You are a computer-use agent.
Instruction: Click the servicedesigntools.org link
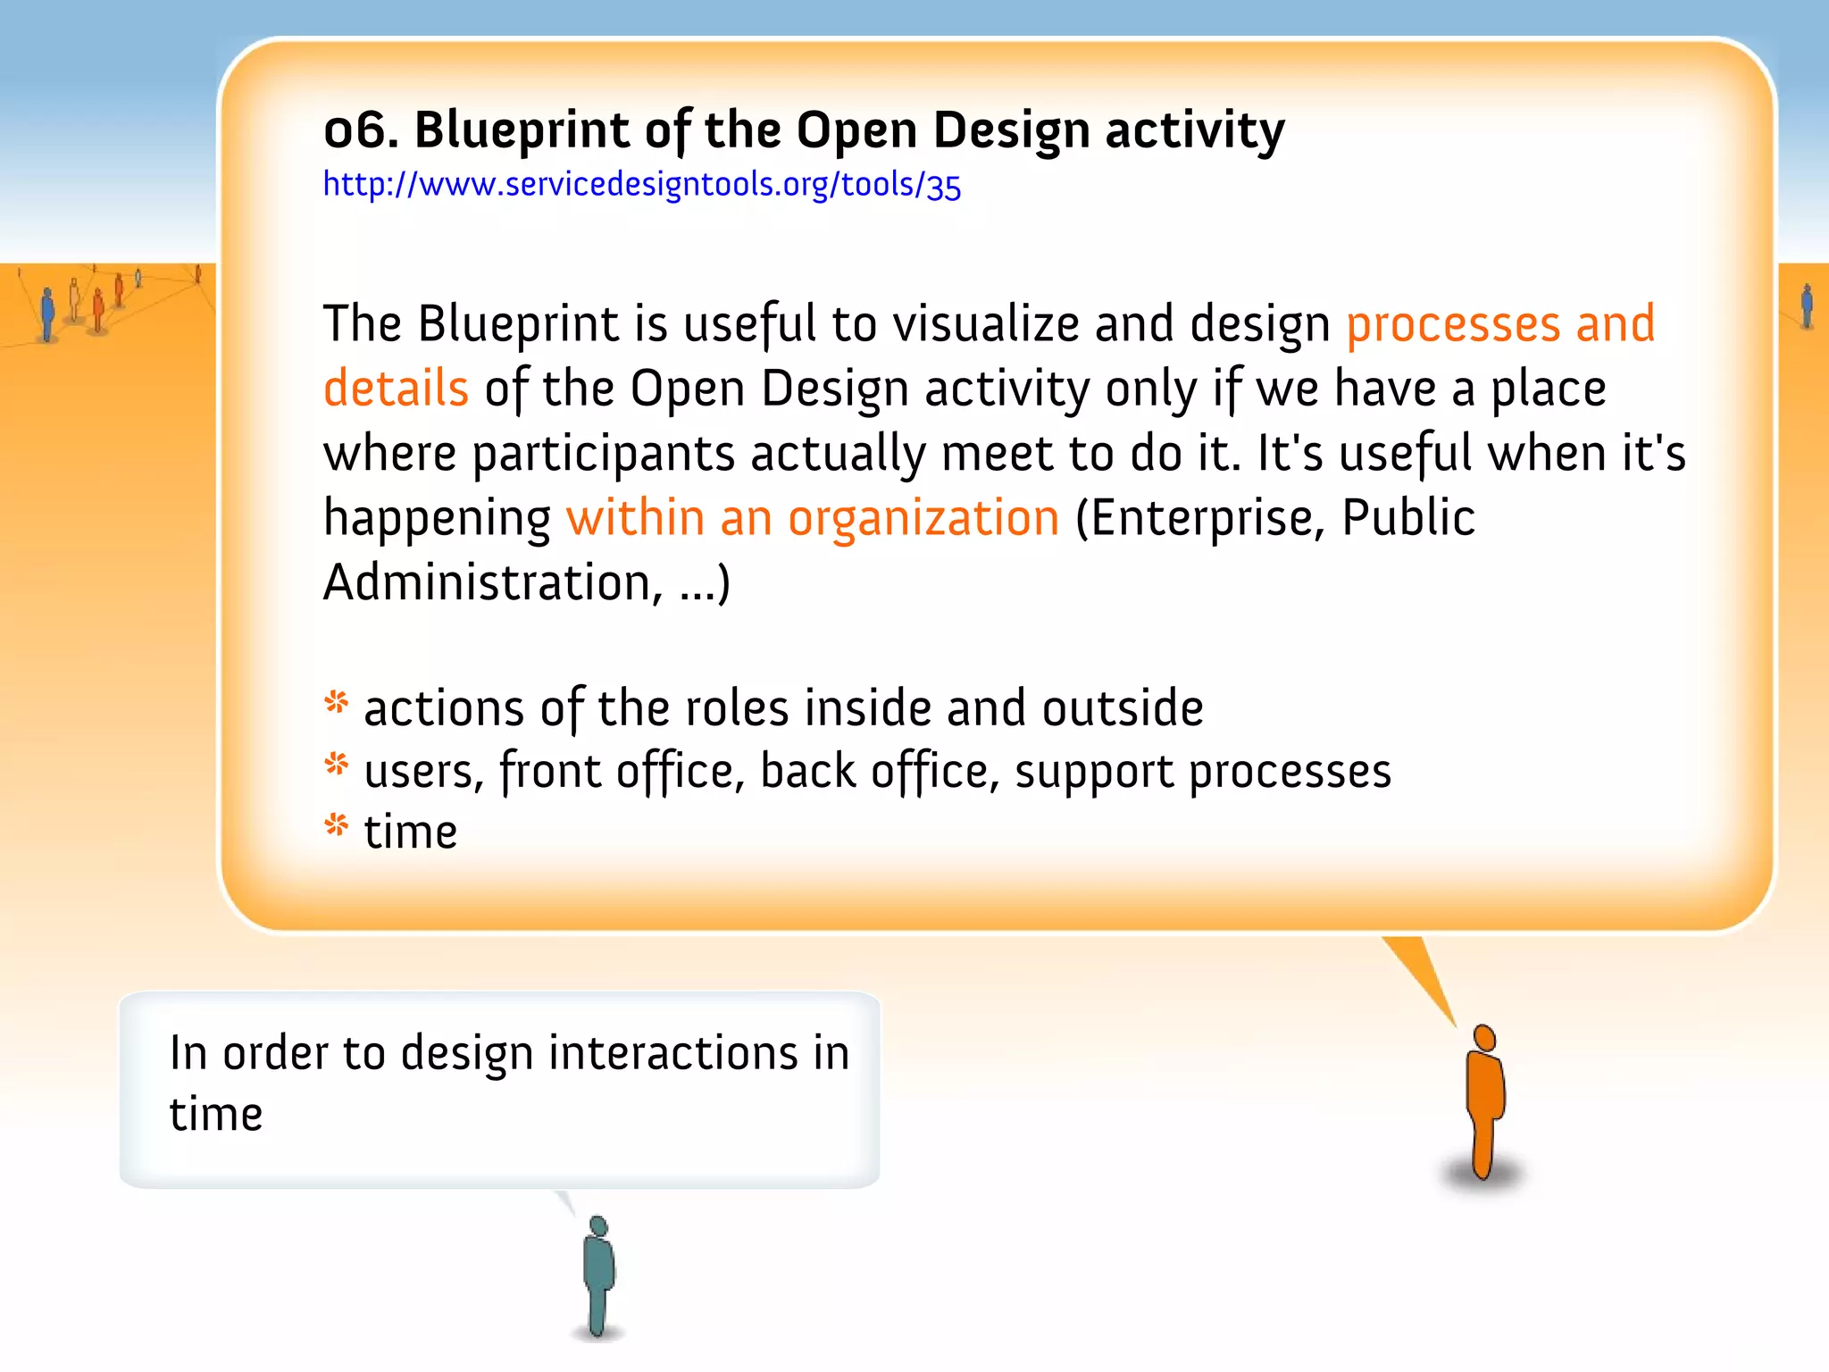(641, 185)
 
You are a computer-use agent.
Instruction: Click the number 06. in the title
(360, 130)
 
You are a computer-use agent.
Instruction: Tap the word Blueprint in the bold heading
(522, 130)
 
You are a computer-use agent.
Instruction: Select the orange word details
(396, 389)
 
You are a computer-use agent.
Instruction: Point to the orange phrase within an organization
(813, 518)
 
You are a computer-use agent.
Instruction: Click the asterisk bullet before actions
(337, 703)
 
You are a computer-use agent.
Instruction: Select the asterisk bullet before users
(337, 765)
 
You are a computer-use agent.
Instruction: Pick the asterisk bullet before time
(337, 825)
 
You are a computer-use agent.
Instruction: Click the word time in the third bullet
(411, 832)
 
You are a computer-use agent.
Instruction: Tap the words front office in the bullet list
(616, 771)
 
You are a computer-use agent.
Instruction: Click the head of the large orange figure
(1484, 1038)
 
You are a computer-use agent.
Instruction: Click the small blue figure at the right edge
(1807, 306)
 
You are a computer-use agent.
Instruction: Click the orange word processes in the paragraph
(1452, 324)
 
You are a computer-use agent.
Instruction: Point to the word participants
(603, 454)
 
